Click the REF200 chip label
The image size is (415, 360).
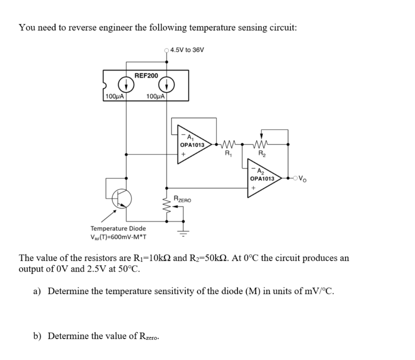(146, 76)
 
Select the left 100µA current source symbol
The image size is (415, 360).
(126, 84)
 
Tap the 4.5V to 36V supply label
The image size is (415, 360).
(187, 50)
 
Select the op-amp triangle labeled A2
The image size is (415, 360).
(263, 178)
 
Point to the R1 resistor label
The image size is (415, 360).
(228, 153)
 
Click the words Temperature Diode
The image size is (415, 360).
(118, 228)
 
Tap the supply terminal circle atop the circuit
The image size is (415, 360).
(166, 50)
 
